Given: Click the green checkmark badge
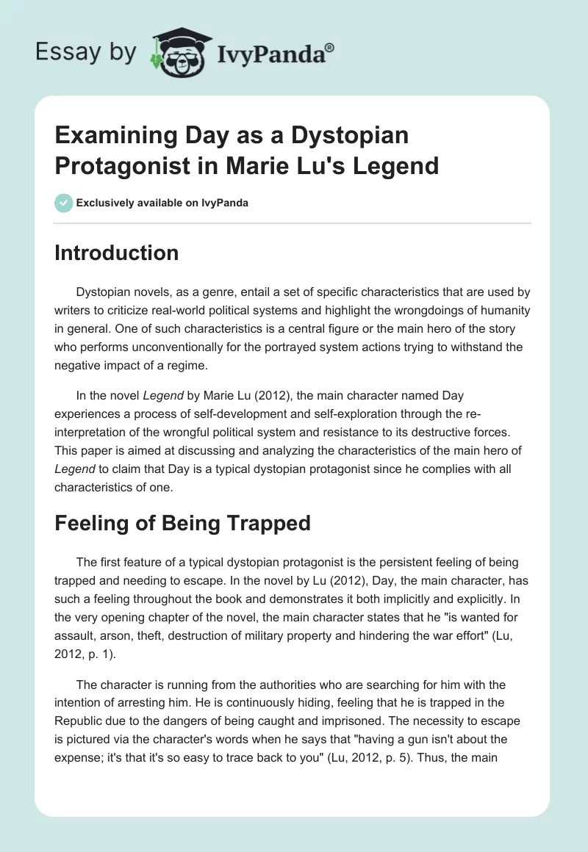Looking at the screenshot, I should coord(63,203).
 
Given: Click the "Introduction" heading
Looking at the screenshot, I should coord(117,253).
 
